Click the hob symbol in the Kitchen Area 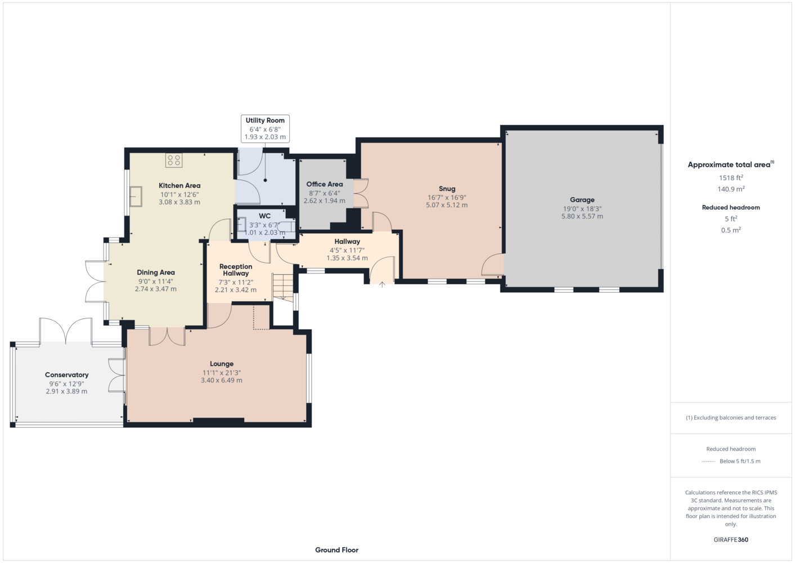[174, 160]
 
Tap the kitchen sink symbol [136, 197]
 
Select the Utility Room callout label [265, 128]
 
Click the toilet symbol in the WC [287, 226]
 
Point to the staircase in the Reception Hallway [283, 287]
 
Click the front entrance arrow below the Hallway [382, 284]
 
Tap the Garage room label [582, 200]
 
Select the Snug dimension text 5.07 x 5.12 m [447, 205]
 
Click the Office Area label [325, 184]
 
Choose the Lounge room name [222, 364]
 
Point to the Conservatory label [67, 375]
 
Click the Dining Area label [156, 272]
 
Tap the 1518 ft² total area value [731, 177]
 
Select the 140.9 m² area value [731, 189]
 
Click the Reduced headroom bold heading [731, 207]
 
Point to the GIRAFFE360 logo [731, 539]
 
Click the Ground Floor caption [337, 550]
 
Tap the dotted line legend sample [708, 462]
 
